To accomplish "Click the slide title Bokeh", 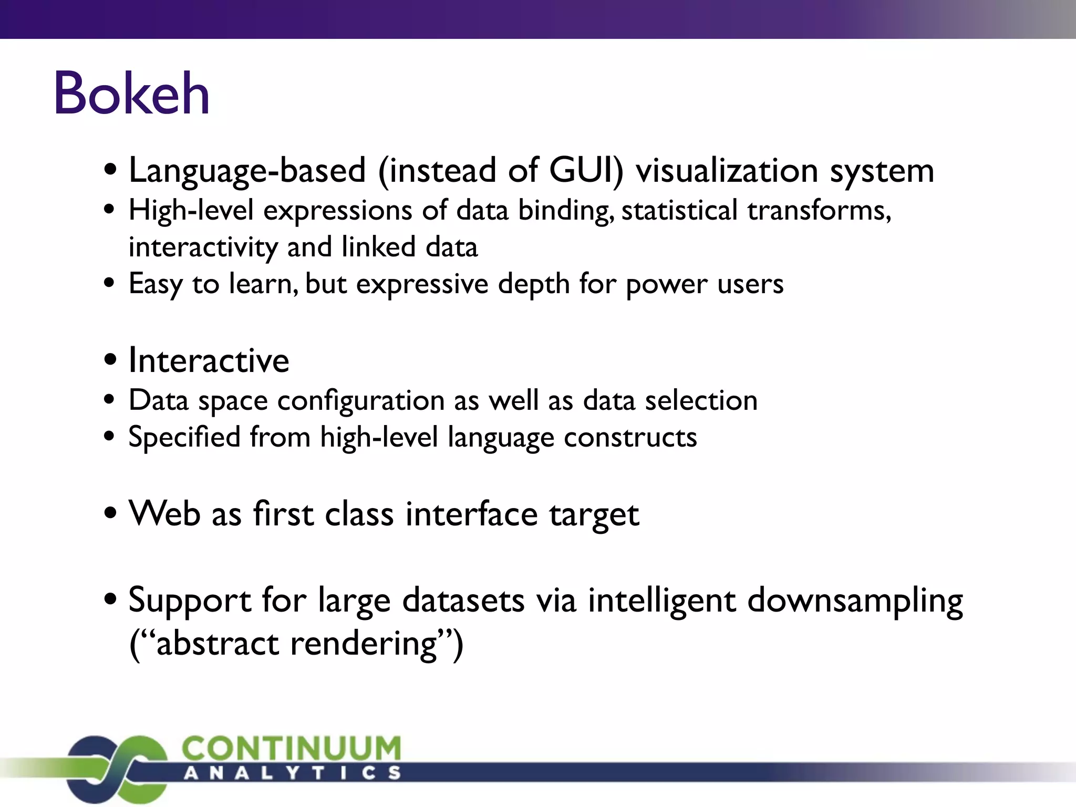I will coord(132,94).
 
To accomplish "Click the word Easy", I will coord(155,284).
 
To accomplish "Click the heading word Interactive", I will coord(209,361).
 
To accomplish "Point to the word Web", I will coord(164,513).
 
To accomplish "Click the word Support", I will coord(190,601).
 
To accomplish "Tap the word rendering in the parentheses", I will coord(364,644).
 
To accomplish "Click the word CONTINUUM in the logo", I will coord(291,748).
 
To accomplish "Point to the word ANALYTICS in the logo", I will coord(292,773).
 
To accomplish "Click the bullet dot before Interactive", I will coord(110,360).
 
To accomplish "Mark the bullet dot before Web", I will coord(110,513).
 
